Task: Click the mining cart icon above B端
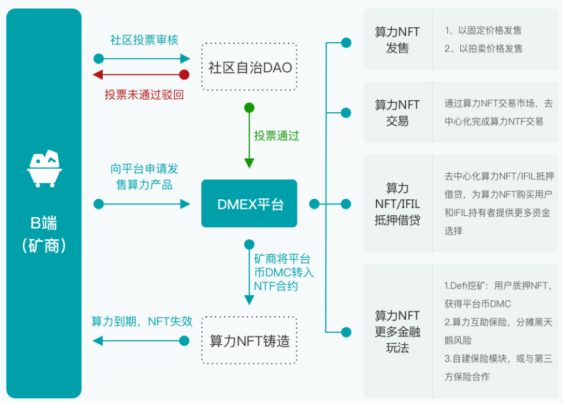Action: [x=45, y=169]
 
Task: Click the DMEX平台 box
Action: [x=249, y=204]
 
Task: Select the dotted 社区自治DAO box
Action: [x=249, y=67]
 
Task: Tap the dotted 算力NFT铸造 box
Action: [x=249, y=341]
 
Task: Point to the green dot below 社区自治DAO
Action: [x=249, y=108]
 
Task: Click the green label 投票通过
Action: [x=276, y=135]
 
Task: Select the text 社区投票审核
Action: [x=144, y=40]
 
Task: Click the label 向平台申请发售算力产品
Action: [x=144, y=176]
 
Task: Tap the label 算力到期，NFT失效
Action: [x=142, y=321]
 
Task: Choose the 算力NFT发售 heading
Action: [x=397, y=40]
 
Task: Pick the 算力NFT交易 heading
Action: [x=397, y=112]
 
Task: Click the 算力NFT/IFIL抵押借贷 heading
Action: [x=397, y=204]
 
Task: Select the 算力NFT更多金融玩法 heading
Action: [x=397, y=331]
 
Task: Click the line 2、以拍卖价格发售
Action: [x=483, y=49]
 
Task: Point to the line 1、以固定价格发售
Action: [x=483, y=30]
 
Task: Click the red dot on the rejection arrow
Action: [x=185, y=75]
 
